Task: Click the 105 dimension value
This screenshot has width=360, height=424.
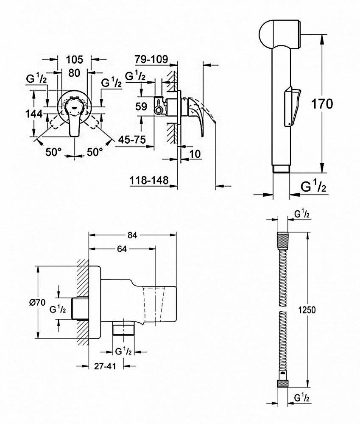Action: click(x=75, y=59)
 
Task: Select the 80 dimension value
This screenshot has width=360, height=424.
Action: click(x=74, y=73)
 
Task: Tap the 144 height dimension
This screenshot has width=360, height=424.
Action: click(x=33, y=114)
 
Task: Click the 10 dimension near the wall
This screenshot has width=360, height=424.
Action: click(x=195, y=154)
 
